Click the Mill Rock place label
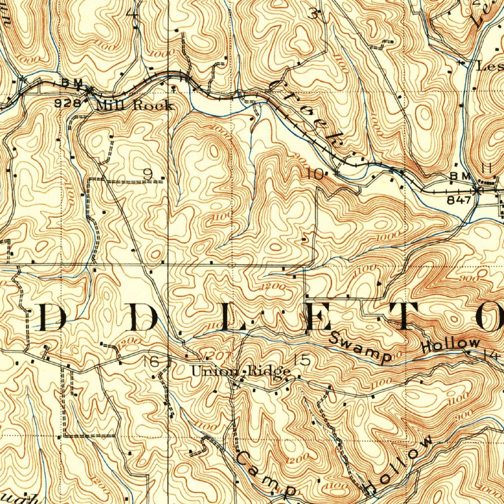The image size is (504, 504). (x=134, y=105)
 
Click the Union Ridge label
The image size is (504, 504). (x=240, y=371)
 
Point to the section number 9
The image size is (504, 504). (x=148, y=174)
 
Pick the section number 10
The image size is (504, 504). (x=316, y=174)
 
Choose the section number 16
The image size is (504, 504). (x=151, y=362)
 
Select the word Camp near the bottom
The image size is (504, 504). (x=266, y=473)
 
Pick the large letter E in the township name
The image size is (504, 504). (x=315, y=317)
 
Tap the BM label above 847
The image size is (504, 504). (x=459, y=176)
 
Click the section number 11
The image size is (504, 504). (x=487, y=169)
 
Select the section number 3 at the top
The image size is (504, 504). (x=314, y=13)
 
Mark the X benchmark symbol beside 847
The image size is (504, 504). (x=477, y=189)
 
